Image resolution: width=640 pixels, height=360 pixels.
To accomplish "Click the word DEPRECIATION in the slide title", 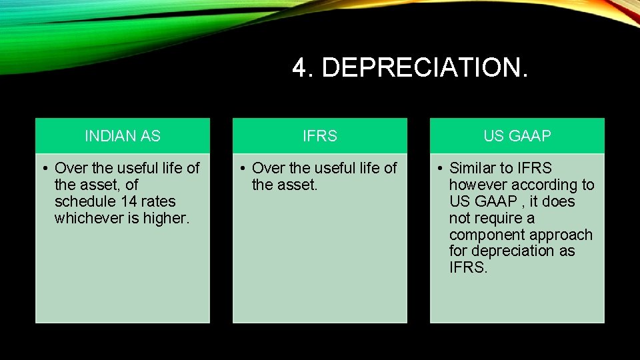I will click(424, 68).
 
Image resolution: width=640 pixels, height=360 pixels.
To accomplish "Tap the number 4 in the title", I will click(299, 68).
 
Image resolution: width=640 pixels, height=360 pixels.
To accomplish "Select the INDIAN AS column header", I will click(123, 136).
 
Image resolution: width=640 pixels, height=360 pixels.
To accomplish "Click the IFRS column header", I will click(320, 136).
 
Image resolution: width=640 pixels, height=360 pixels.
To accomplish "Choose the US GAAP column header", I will click(517, 136).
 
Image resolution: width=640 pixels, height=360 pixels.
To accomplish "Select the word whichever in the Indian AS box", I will click(87, 218).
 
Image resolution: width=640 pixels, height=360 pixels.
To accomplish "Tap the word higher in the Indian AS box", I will click(169, 218).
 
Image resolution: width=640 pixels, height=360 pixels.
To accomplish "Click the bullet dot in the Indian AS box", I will click(43, 168).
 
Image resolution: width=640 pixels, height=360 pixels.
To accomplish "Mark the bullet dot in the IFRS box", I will click(241, 168).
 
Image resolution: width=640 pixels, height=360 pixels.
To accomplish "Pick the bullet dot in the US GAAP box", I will click(438, 168).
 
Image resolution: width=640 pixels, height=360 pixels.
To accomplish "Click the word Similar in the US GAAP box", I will click(473, 168).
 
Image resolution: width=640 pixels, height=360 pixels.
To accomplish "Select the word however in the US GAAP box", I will click(478, 185).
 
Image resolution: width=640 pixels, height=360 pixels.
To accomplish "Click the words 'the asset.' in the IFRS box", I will click(285, 185).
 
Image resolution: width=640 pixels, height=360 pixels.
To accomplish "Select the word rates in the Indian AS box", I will click(160, 201).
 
